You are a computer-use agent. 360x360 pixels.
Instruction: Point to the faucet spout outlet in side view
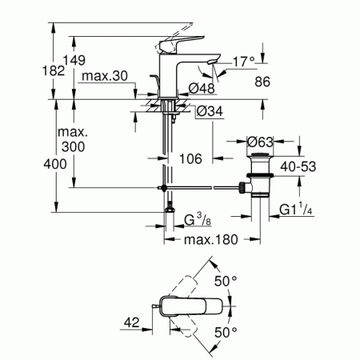coord(213,62)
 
